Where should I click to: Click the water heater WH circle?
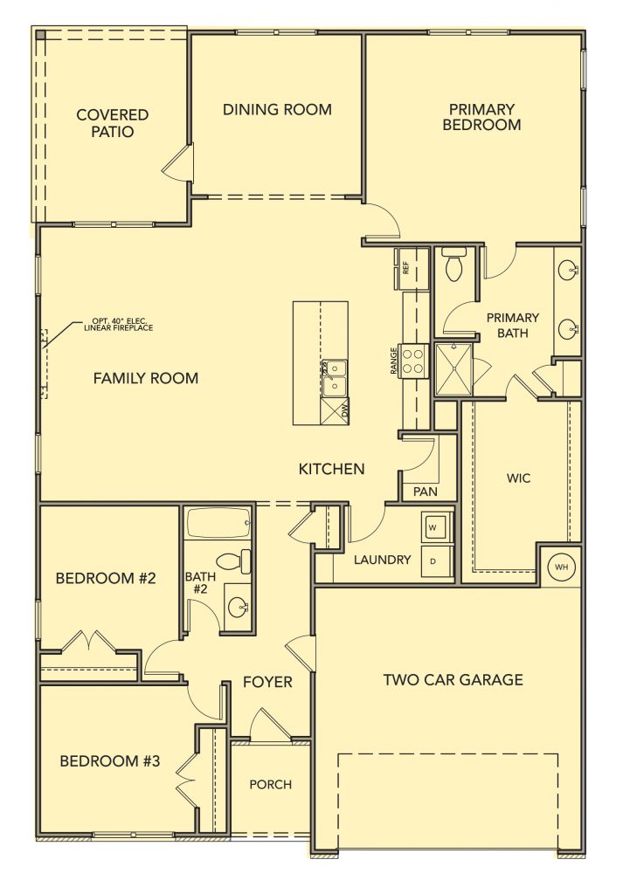pos(562,567)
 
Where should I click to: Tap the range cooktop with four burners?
pos(413,361)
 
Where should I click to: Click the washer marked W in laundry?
pos(437,526)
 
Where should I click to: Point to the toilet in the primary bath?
pos(455,265)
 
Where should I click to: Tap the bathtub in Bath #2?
pos(218,524)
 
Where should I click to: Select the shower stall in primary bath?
pos(453,369)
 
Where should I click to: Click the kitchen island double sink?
pos(334,378)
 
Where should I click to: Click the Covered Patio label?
pos(113,123)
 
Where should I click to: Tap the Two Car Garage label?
pos(453,679)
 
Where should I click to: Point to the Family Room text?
pos(146,378)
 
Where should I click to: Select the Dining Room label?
pos(277,109)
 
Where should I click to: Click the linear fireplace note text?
pos(118,325)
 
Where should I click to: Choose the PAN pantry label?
pos(426,492)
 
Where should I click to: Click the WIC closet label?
pos(518,478)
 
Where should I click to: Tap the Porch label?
pos(271,785)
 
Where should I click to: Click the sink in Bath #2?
pos(239,608)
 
